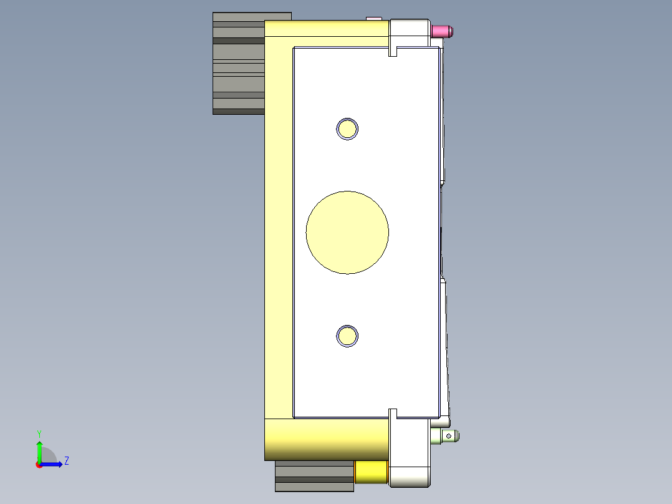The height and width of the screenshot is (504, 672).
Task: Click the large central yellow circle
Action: point(347,232)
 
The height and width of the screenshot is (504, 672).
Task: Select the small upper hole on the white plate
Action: point(347,129)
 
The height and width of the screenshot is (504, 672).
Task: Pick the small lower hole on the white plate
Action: point(347,336)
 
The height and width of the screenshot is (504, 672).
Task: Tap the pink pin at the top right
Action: point(443,31)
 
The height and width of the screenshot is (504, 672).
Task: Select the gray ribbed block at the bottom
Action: point(314,476)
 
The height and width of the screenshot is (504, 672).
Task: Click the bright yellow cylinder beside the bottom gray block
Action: point(371,472)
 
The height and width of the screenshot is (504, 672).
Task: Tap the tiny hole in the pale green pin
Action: point(448,435)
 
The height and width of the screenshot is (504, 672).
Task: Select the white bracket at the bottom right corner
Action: point(410,452)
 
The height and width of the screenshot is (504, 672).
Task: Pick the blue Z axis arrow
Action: point(52,464)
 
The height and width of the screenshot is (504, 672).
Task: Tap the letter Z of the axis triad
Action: point(66,461)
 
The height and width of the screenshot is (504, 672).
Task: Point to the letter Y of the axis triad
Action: point(39,433)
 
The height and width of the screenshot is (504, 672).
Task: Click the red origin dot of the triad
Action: point(39,465)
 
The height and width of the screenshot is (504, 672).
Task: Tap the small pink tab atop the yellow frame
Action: point(373,18)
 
